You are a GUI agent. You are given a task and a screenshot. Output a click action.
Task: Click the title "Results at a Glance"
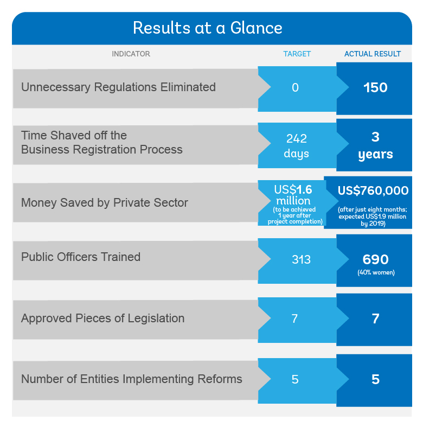(207, 28)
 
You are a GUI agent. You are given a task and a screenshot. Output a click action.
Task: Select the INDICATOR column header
(131, 54)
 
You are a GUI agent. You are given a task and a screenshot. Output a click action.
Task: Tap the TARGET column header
(297, 54)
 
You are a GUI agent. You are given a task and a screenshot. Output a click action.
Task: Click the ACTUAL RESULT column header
(373, 54)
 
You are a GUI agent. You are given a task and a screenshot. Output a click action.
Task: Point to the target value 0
(295, 88)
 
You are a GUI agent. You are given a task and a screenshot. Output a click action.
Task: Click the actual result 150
(375, 88)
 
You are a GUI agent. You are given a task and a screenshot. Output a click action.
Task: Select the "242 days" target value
(297, 146)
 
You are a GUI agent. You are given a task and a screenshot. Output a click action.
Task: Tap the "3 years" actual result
(375, 146)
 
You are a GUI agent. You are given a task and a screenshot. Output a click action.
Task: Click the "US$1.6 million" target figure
(293, 195)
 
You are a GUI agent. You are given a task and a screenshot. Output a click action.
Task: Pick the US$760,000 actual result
(373, 190)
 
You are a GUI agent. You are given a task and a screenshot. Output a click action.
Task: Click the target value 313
(301, 259)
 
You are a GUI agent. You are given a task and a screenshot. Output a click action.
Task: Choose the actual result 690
(375, 259)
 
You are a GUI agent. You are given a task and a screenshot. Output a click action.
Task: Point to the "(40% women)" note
(376, 272)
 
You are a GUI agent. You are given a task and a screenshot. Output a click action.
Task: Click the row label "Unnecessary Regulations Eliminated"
(118, 87)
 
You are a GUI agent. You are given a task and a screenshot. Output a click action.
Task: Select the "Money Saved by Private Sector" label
(105, 203)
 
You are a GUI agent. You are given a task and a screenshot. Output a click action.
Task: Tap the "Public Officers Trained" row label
(81, 257)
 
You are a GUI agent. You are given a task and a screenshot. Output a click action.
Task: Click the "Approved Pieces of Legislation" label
(103, 318)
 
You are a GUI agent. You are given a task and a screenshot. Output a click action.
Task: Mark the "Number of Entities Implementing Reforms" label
(132, 379)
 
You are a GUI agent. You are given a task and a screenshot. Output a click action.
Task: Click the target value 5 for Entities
(295, 379)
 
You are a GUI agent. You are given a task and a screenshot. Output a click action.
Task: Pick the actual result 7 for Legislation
(375, 318)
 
